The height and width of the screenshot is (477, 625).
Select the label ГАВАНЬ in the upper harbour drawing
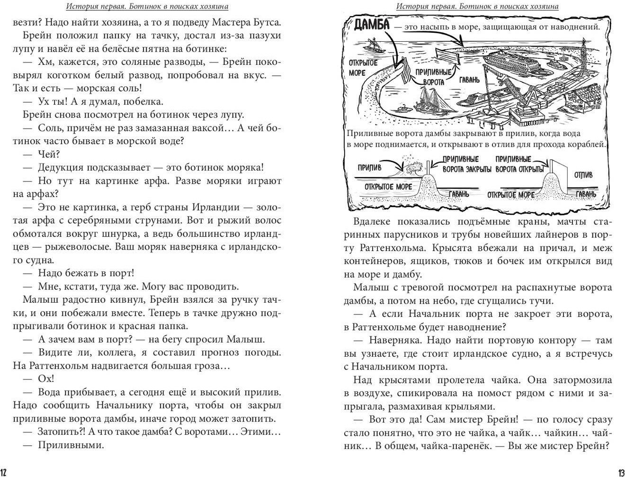tap(469, 80)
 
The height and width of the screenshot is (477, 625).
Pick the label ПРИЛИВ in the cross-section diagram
tap(369, 167)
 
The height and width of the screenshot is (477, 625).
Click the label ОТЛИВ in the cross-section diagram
tap(583, 175)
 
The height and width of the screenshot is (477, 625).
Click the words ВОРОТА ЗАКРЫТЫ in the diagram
tap(466, 169)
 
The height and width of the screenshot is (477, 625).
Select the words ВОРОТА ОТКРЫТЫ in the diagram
tap(519, 169)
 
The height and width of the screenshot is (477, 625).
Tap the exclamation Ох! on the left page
tap(46, 378)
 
